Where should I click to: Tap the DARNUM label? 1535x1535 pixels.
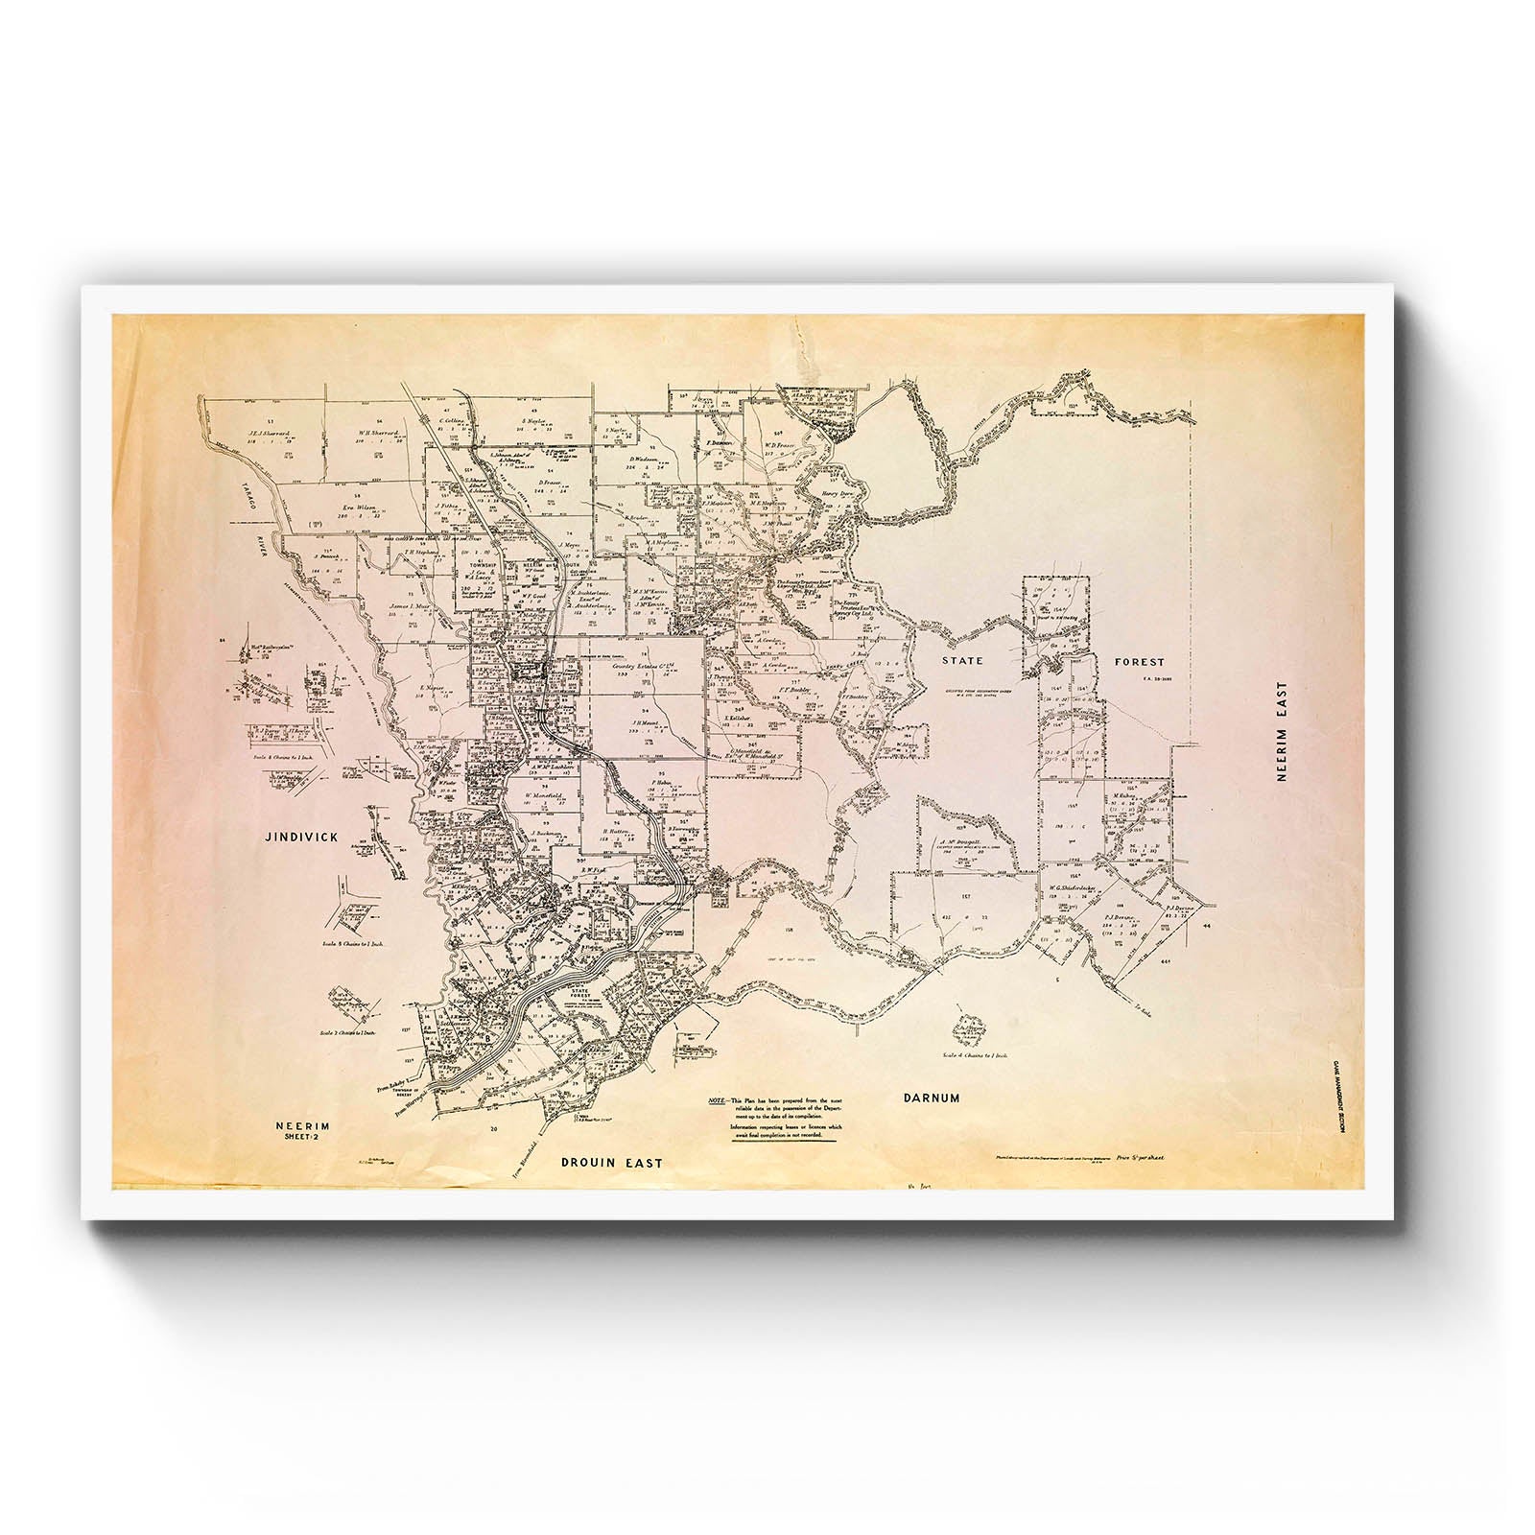[x=931, y=1097]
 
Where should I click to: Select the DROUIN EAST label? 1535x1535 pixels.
[x=611, y=1162]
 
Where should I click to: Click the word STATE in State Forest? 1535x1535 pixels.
[x=964, y=661]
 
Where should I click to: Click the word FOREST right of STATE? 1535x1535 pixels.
[x=1140, y=661]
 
